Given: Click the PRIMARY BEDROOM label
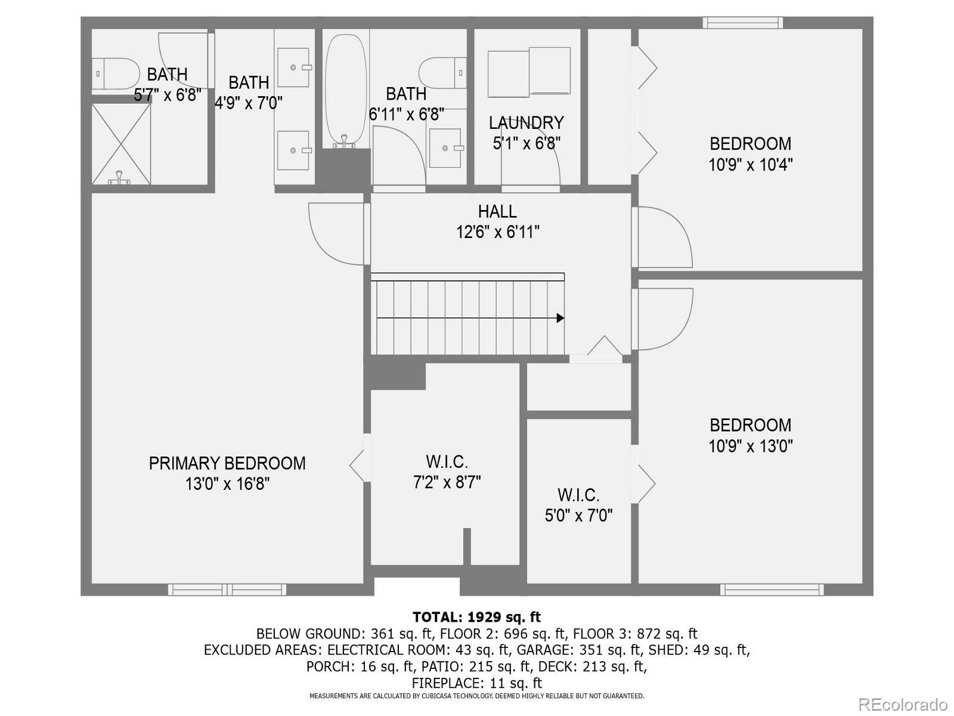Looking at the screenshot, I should (x=227, y=463).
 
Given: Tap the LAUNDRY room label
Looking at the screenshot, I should (x=526, y=123).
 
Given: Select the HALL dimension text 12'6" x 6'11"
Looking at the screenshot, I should (x=498, y=232).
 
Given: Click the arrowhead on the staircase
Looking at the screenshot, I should (x=560, y=318).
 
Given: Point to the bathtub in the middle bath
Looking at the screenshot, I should (x=346, y=89).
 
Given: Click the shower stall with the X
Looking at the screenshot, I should (x=121, y=143).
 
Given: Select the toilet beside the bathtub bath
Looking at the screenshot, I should (x=442, y=73).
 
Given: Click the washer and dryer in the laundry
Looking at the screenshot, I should (x=529, y=72).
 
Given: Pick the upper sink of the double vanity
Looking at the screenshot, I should (x=294, y=67).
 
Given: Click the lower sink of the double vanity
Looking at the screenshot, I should (x=294, y=150).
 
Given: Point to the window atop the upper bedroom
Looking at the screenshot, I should (x=742, y=23).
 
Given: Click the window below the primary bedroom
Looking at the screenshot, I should (x=227, y=590).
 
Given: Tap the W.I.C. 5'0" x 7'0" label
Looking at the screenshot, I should (x=578, y=495).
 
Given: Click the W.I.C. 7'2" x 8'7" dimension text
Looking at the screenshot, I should (x=447, y=482).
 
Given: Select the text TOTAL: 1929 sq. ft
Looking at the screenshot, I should (x=476, y=617).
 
